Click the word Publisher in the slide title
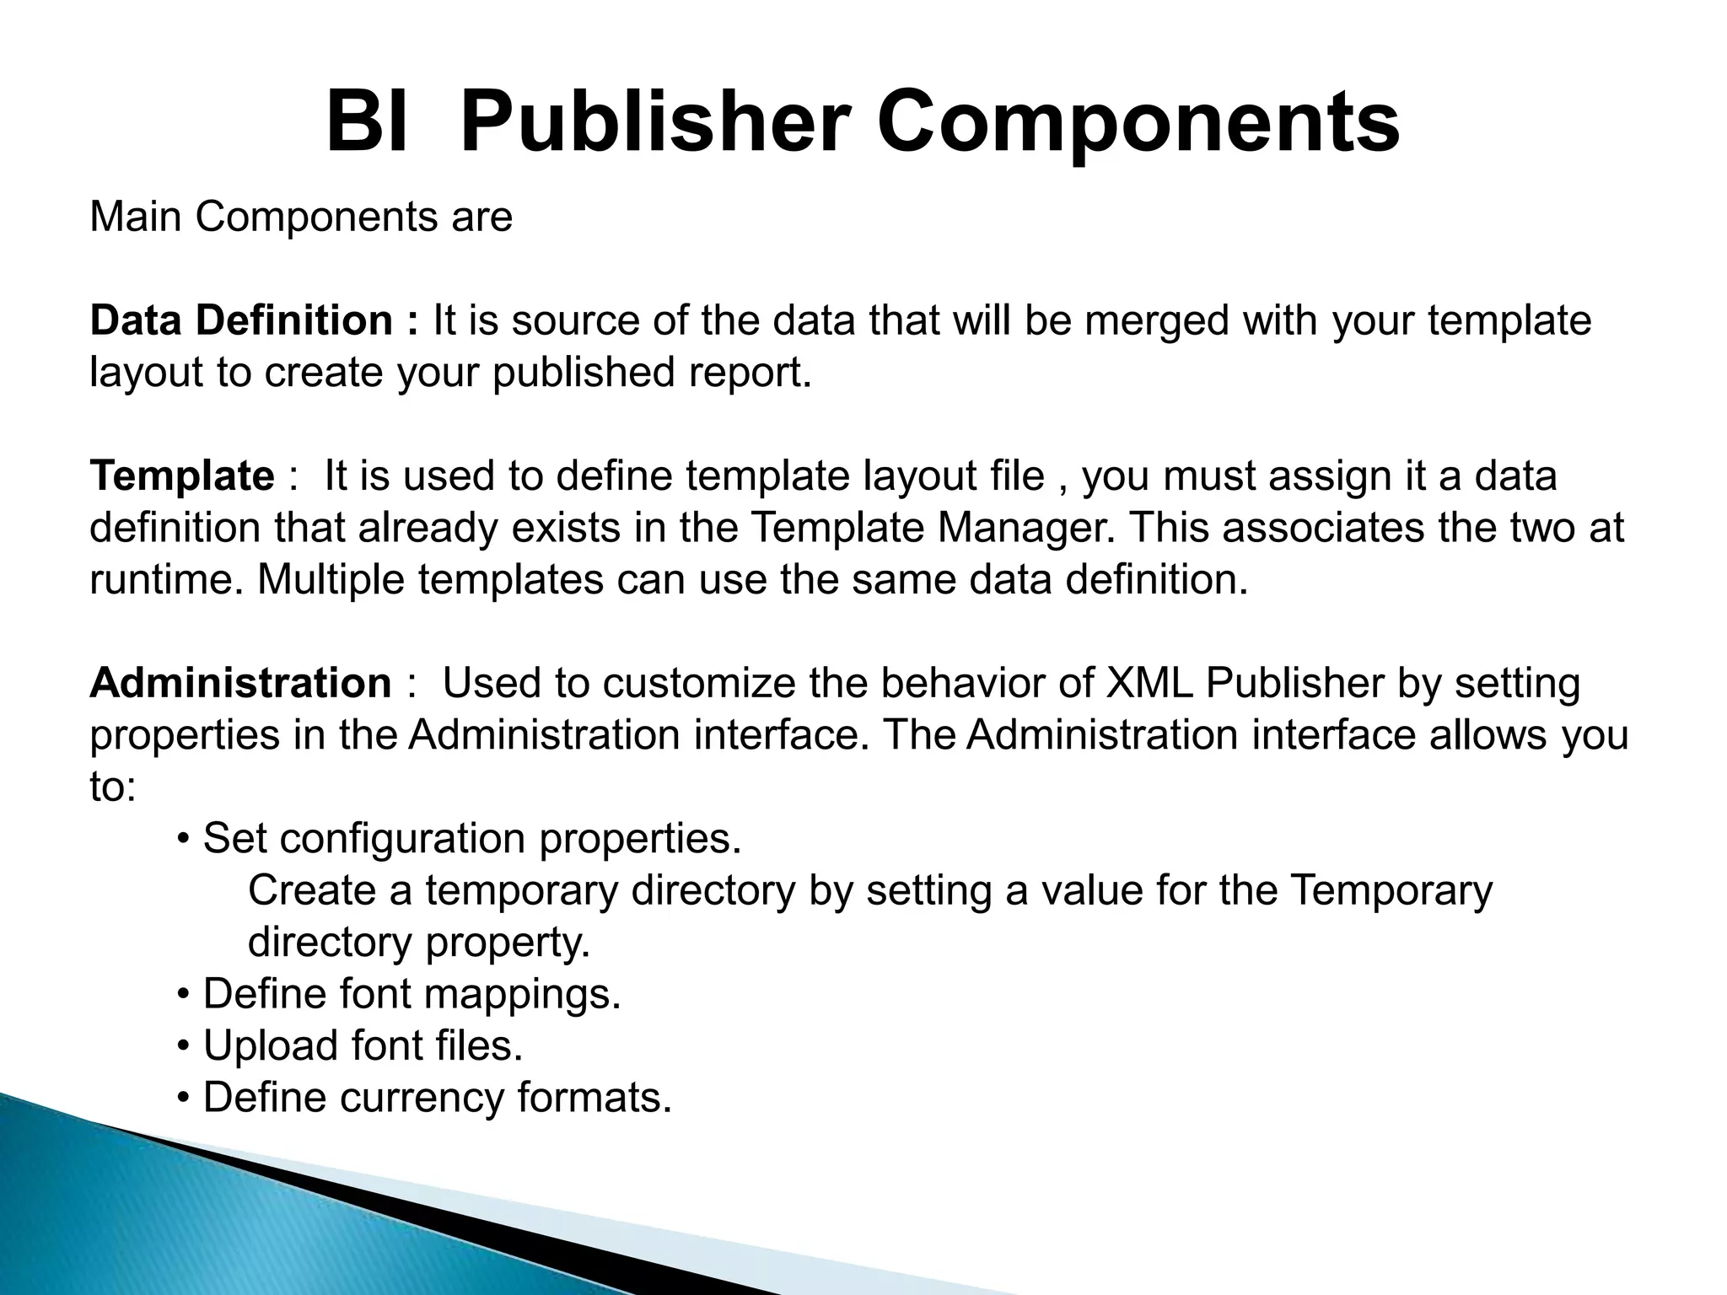(x=654, y=124)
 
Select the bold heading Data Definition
(x=241, y=321)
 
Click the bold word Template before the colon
(x=182, y=476)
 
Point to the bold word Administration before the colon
(x=240, y=684)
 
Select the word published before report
(x=584, y=373)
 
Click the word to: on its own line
(x=112, y=788)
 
